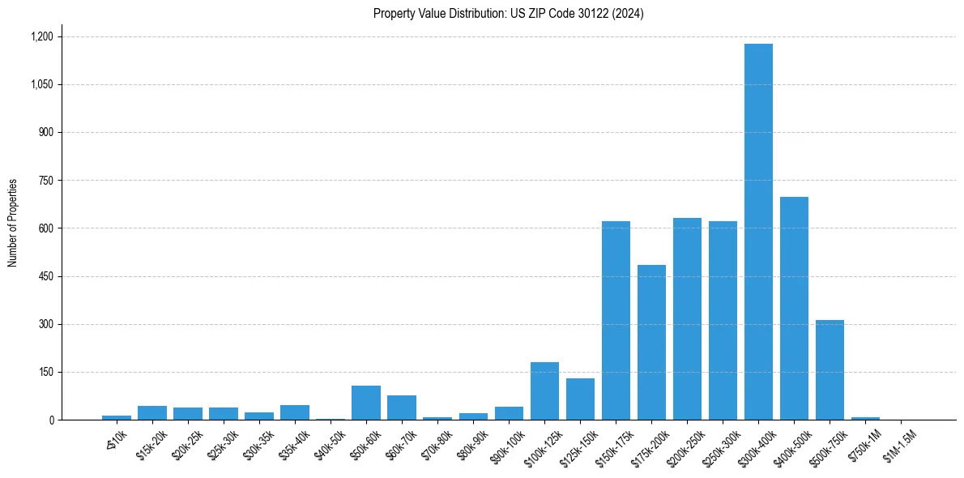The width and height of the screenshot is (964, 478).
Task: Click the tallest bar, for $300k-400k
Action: (758, 232)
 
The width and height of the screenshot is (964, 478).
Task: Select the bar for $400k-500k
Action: (794, 308)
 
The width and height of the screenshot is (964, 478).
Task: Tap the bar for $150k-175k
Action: (616, 320)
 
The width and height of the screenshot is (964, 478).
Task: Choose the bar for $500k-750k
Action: (830, 369)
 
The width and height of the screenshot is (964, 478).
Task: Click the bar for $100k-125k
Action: (544, 391)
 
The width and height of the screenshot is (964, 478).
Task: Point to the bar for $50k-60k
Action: (366, 403)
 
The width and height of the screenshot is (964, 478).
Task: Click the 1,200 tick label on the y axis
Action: (41, 36)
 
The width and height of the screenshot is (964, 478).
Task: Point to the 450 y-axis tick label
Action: (45, 276)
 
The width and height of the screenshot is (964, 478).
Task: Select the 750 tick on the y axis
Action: (45, 181)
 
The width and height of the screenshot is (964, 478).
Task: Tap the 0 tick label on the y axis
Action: (50, 420)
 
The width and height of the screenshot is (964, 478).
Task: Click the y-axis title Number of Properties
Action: (13, 222)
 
